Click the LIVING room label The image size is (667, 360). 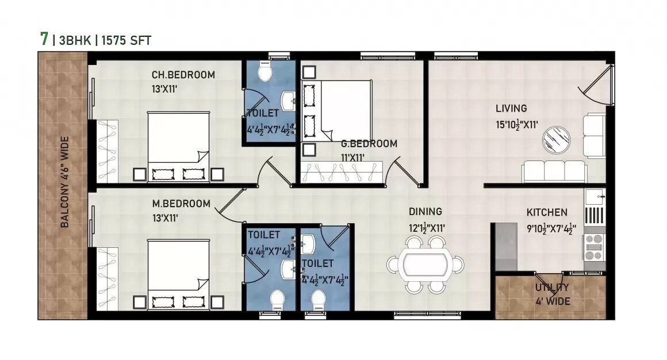tap(511, 108)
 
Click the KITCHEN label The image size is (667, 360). tap(547, 212)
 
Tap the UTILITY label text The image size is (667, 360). tap(551, 288)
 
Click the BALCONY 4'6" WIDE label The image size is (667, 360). tap(65, 182)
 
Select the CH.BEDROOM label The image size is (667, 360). tap(183, 75)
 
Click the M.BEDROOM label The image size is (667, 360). tap(181, 204)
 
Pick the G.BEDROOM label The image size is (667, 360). tap(369, 144)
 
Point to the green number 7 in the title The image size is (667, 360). tap(44, 39)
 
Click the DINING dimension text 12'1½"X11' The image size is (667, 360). tap(427, 228)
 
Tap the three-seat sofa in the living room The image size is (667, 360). tap(554, 171)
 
